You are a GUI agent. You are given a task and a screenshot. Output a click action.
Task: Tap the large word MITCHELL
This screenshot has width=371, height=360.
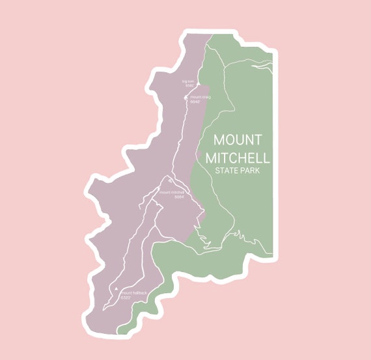point(238,158)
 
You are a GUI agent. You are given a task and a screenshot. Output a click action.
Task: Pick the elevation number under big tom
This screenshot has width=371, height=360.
point(189,85)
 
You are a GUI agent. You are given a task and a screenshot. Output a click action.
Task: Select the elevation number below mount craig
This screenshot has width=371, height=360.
point(195,102)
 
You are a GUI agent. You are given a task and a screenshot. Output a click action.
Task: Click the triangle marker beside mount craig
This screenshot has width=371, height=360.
point(186,98)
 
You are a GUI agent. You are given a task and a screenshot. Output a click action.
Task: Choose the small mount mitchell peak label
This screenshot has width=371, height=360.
point(172,192)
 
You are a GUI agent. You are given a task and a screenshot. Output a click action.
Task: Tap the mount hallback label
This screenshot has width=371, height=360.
point(133,293)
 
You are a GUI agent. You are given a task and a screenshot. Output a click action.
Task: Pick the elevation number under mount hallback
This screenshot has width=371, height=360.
point(126,297)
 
